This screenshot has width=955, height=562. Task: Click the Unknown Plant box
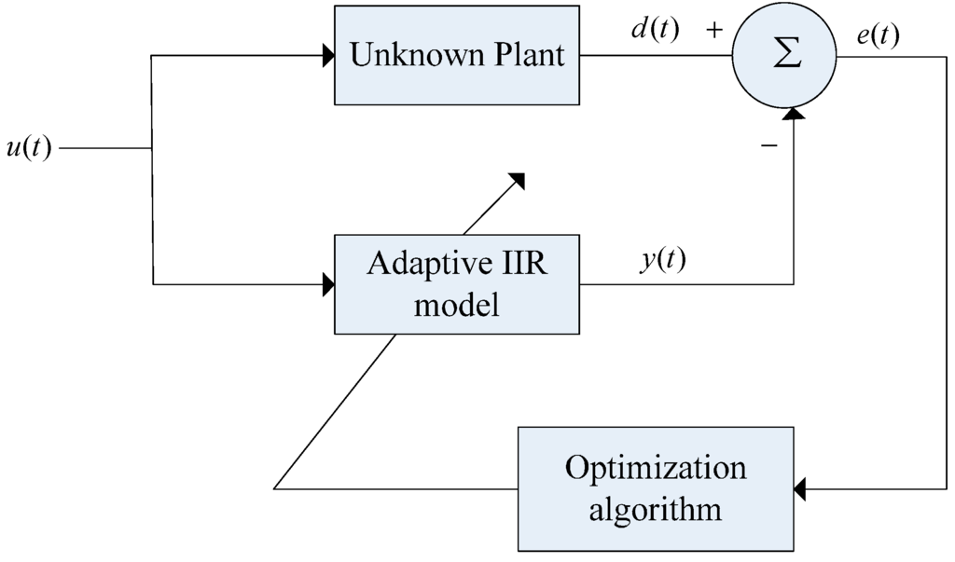[457, 55]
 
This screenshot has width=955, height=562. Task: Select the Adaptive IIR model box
[457, 283]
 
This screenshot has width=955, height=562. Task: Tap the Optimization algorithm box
[656, 488]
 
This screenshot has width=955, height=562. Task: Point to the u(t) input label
[28, 148]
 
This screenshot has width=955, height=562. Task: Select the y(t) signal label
[662, 260]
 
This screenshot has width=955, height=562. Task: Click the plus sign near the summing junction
[715, 30]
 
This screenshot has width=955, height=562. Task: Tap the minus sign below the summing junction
[769, 146]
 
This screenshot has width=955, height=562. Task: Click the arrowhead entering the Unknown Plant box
[328, 56]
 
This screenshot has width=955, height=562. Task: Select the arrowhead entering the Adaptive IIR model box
[328, 283]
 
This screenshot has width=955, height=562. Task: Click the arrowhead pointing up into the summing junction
[793, 113]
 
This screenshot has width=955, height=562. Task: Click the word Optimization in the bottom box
[656, 467]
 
